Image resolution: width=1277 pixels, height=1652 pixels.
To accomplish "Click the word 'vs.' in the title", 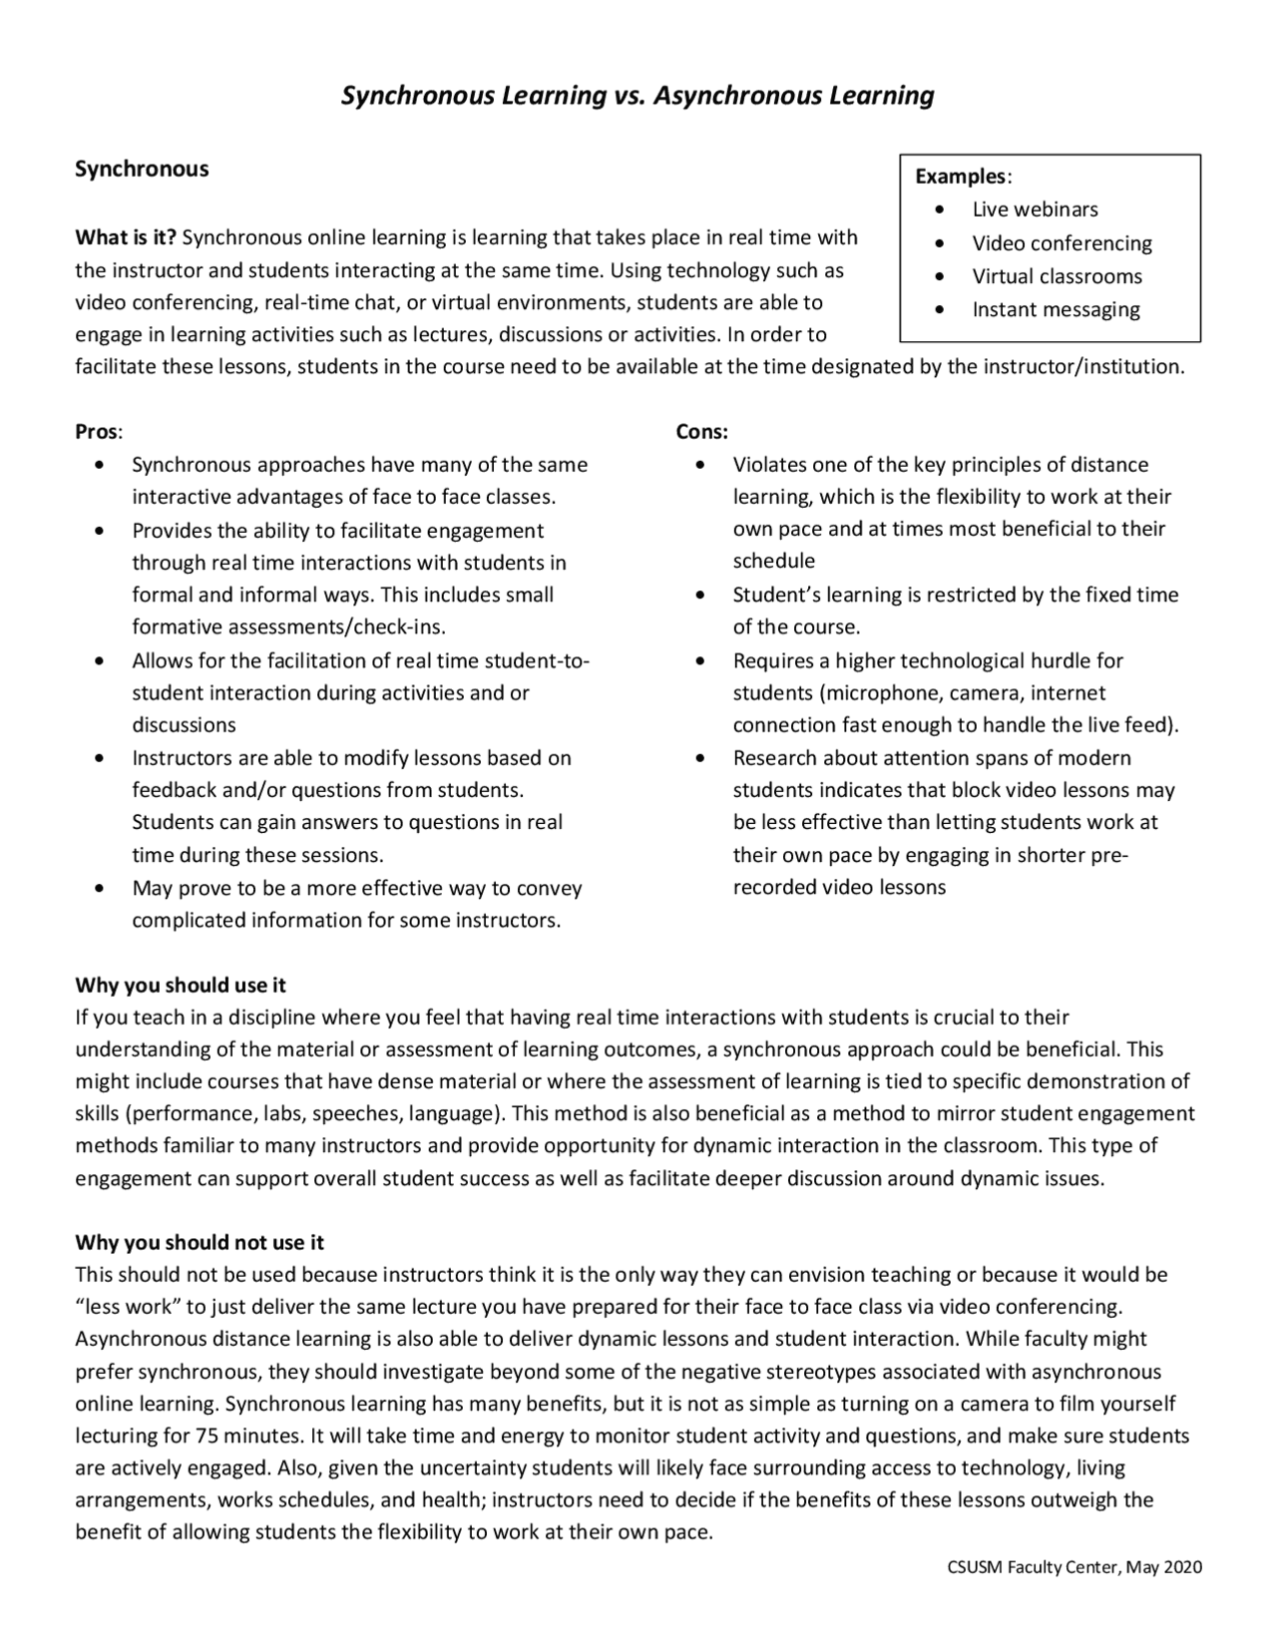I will [x=626, y=96].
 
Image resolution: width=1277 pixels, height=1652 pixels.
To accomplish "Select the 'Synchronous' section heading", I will [x=142, y=169].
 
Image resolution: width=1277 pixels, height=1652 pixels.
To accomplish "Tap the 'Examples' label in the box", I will [x=961, y=177].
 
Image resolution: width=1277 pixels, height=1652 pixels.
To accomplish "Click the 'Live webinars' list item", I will [x=1035, y=209].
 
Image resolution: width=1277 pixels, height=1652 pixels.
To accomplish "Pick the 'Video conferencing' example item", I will [x=1062, y=243].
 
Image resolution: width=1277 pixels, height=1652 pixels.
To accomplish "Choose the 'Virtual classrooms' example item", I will [x=1057, y=276].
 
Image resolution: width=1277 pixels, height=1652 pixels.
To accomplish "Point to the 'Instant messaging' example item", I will [x=1056, y=309].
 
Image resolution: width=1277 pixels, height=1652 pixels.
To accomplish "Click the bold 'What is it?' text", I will [x=126, y=237].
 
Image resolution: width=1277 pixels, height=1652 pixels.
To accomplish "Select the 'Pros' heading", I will [x=97, y=432].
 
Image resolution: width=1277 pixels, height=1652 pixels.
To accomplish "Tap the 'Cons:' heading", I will [x=701, y=432].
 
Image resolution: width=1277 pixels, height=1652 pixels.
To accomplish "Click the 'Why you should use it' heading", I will [x=181, y=986].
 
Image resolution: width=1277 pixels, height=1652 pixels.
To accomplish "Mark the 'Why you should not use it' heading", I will [x=200, y=1243].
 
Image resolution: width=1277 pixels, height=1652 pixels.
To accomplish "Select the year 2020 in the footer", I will [x=1183, y=1567].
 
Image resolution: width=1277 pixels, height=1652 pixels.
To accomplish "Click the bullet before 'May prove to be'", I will [x=98, y=888].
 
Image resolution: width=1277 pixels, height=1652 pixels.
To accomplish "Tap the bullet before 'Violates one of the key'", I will [x=701, y=465].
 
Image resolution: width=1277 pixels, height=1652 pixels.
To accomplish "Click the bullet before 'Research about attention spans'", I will [x=701, y=758].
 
